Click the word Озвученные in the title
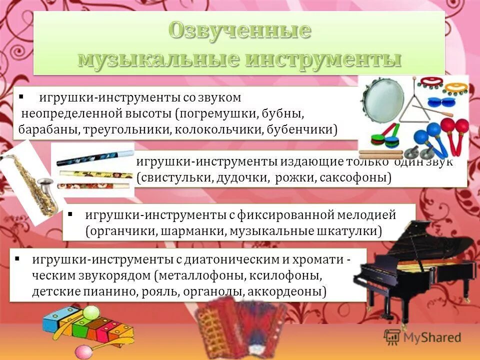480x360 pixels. (x=239, y=31)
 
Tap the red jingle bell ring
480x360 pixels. (x=430, y=80)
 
